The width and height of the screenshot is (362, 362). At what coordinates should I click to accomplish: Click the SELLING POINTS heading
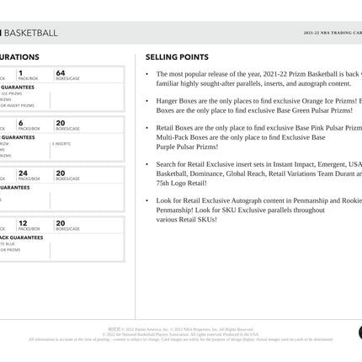[x=177, y=57]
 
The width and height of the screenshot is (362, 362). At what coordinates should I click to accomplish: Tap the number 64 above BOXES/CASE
[x=61, y=73]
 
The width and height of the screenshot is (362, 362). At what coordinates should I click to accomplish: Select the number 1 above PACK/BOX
[x=20, y=73]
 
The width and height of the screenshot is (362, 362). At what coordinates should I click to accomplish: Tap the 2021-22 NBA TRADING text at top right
[x=333, y=33]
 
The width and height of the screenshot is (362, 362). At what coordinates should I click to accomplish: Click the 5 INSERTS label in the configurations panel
[x=61, y=144]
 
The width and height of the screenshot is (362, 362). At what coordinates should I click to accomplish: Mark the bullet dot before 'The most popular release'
[x=147, y=74]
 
